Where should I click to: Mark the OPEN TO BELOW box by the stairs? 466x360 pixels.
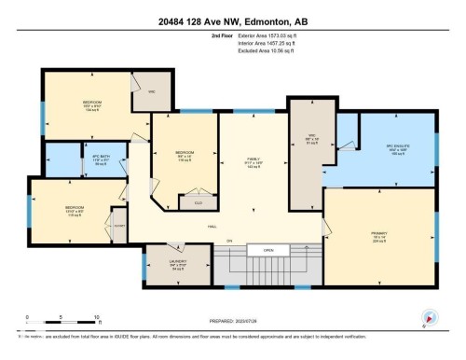tap(267, 251)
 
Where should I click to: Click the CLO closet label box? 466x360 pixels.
tap(198, 201)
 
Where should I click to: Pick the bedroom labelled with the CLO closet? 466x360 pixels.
tap(185, 154)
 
